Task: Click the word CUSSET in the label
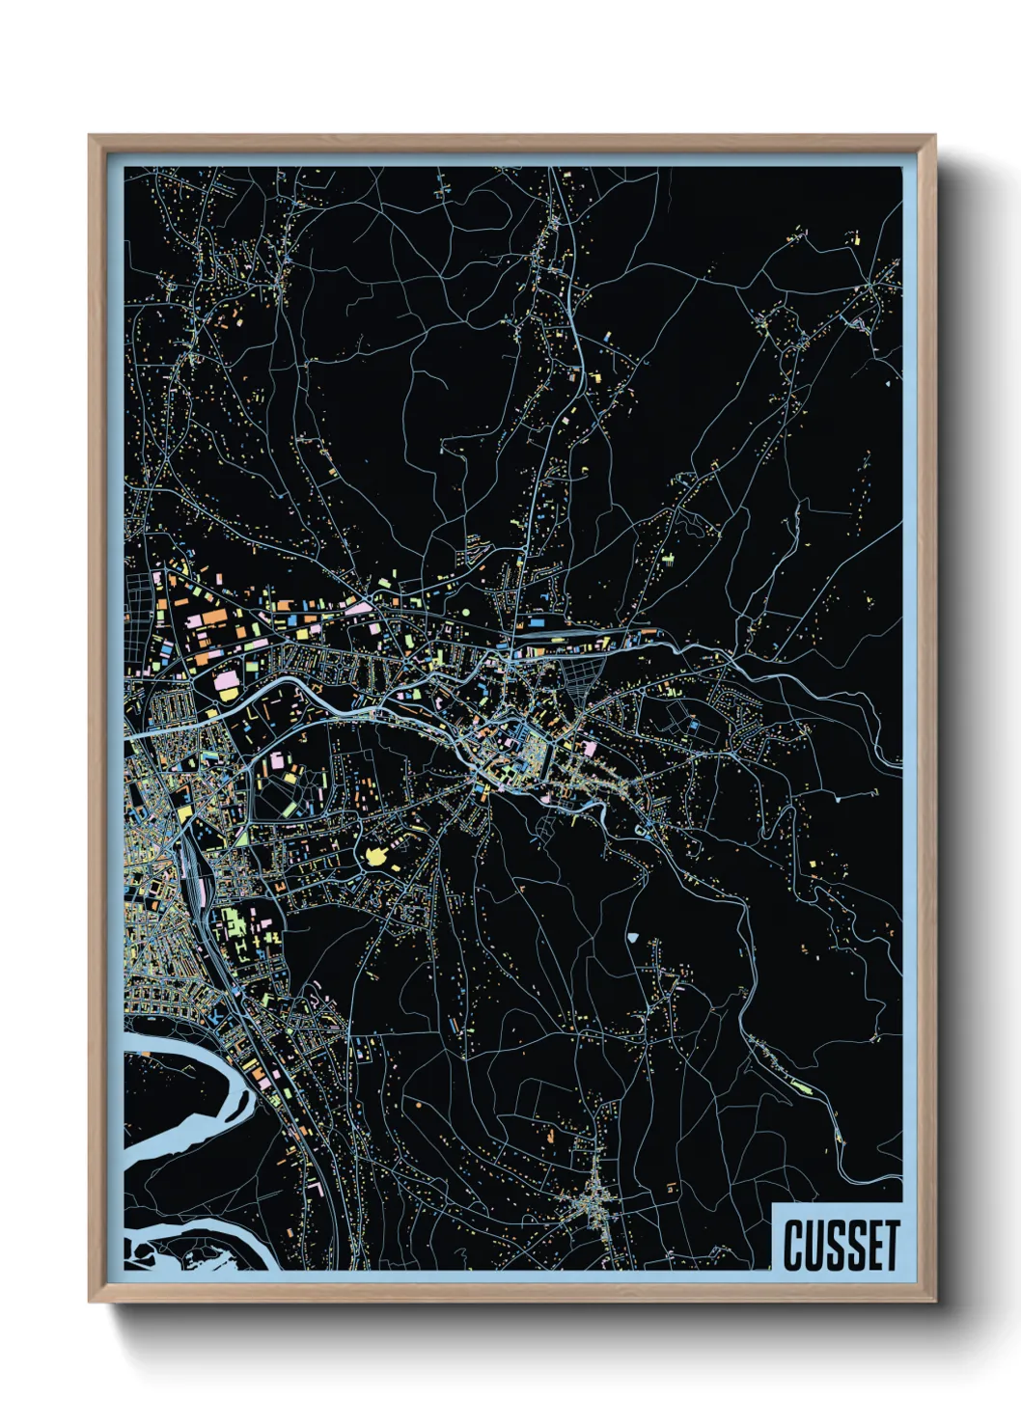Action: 841,1246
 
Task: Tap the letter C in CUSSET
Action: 793,1246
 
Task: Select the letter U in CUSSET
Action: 813,1246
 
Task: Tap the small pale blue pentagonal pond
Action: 632,935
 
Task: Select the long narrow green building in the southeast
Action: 801,1087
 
